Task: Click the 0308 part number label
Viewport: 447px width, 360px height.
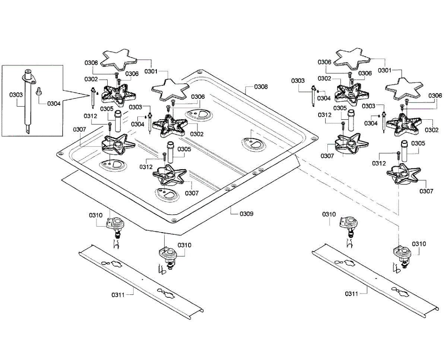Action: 261,87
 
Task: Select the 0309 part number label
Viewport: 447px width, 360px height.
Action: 246,214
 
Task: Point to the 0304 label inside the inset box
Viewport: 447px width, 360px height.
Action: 54,104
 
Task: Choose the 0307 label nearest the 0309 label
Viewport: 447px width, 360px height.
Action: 192,193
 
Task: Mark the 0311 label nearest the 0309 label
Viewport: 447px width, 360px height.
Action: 118,295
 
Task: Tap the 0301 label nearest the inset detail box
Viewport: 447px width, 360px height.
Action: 151,71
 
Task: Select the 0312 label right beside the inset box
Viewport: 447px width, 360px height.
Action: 91,116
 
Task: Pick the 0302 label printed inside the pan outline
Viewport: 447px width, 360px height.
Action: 197,134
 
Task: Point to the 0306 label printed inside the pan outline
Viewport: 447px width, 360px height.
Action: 198,97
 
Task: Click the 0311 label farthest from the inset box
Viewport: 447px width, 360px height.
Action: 351,294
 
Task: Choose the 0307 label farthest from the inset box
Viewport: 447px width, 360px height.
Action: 427,192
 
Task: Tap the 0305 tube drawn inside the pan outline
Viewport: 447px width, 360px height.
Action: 171,152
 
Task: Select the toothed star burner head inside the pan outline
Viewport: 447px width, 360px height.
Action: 170,124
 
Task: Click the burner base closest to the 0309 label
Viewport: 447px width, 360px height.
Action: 170,175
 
